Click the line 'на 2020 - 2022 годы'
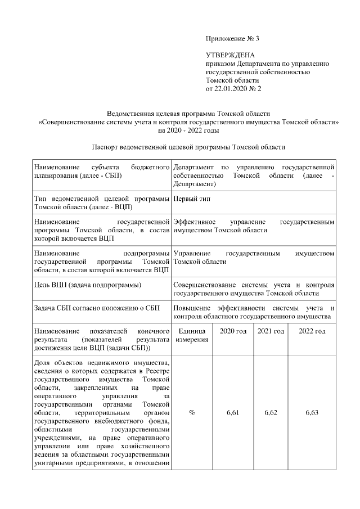coord(188,130)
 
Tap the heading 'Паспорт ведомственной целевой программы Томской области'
coord(188,147)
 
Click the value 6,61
coord(233,413)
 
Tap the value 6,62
coord(271,413)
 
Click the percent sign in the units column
coord(192,413)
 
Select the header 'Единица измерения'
coord(192,336)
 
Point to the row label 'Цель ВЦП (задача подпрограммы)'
coord(87,285)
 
